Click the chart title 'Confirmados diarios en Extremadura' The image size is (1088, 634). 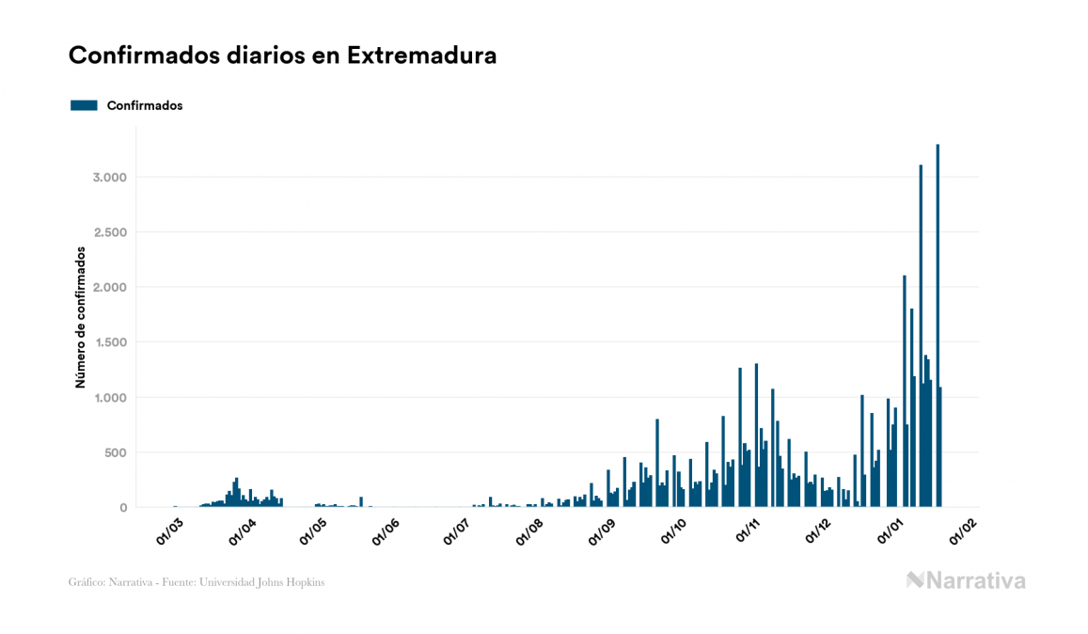coord(282,55)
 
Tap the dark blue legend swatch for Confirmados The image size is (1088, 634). coord(84,105)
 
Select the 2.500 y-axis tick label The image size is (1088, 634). coord(107,232)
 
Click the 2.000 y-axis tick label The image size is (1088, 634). coord(107,288)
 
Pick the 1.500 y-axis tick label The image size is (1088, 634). coord(107,342)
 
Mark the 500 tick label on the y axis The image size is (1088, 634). coord(114,452)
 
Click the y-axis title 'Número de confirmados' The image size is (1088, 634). coord(81,318)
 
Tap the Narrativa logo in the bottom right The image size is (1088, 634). coord(966,580)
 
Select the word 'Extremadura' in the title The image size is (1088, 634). coord(421,55)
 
